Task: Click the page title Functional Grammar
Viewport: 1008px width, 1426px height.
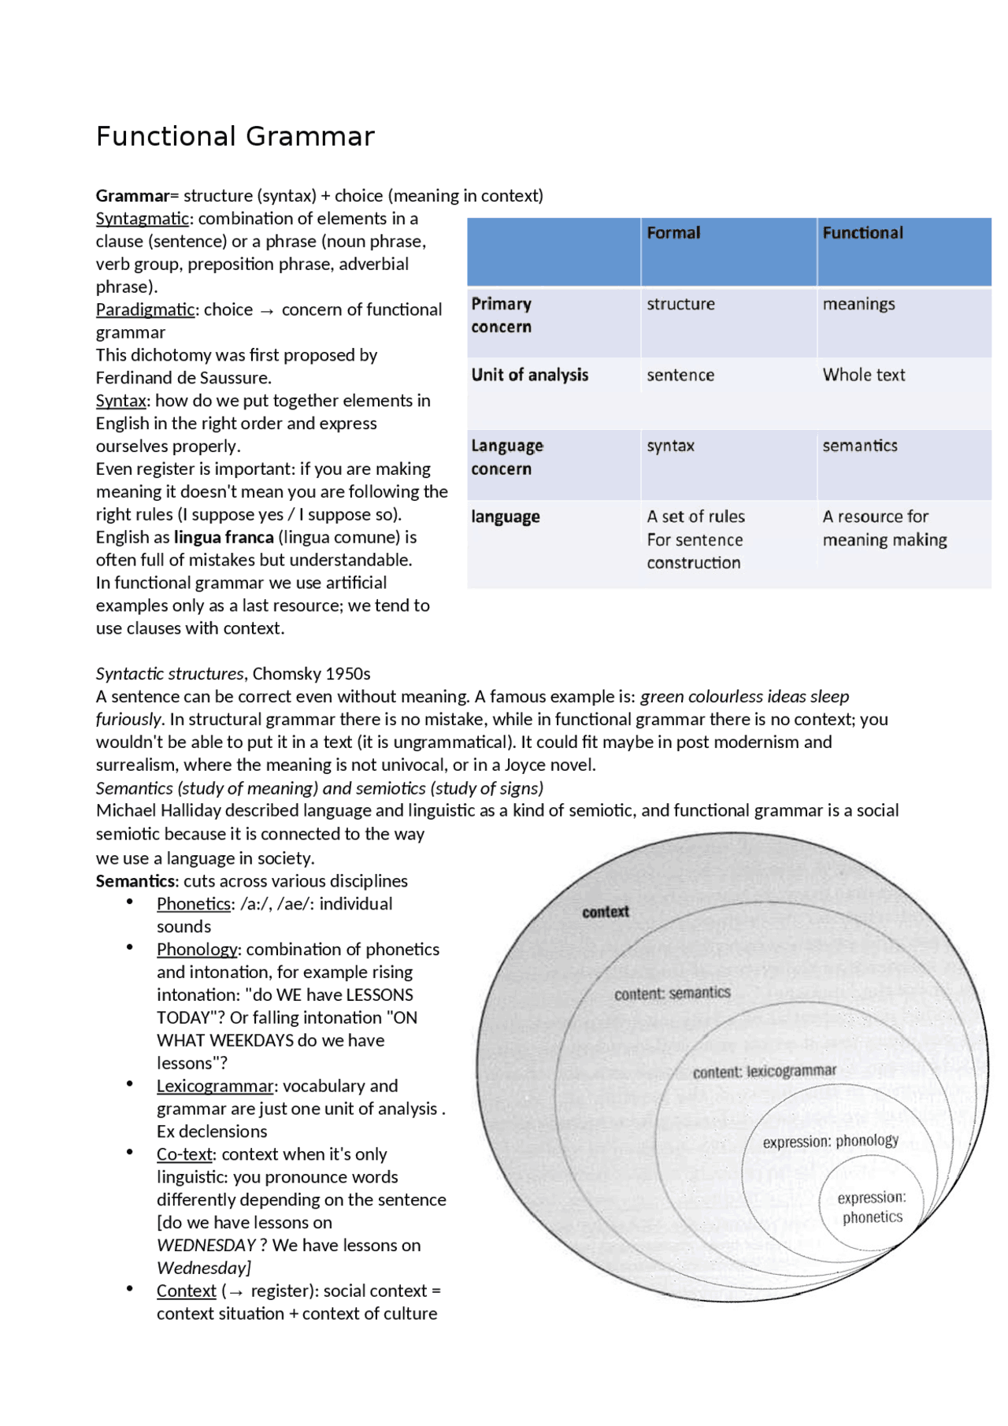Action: (x=235, y=136)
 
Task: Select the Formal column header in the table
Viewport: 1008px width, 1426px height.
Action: (x=673, y=233)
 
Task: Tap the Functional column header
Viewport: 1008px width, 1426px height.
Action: (x=862, y=233)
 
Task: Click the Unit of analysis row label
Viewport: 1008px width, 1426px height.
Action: (x=529, y=375)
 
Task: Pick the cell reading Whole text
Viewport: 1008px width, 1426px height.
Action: (x=864, y=375)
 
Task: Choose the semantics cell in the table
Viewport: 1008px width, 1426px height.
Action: (x=860, y=446)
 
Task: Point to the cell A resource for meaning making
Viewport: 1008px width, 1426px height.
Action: (x=884, y=528)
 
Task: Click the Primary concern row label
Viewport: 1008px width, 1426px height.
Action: (x=502, y=315)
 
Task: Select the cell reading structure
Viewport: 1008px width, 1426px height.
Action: (x=680, y=304)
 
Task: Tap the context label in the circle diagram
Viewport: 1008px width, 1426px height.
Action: (x=606, y=912)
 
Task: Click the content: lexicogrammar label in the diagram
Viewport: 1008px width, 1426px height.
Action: (x=764, y=1072)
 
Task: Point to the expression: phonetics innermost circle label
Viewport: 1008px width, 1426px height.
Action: (x=872, y=1207)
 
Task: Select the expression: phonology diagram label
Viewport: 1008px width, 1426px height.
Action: (x=830, y=1141)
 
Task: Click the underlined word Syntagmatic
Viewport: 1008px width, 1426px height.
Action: (x=143, y=219)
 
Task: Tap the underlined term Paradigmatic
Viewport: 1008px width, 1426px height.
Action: (x=145, y=309)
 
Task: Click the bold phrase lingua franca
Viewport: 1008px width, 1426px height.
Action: (x=224, y=537)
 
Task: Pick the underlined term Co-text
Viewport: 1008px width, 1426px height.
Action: (x=184, y=1154)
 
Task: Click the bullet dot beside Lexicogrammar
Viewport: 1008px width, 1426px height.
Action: (x=130, y=1084)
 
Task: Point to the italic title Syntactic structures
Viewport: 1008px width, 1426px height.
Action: (x=169, y=674)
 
